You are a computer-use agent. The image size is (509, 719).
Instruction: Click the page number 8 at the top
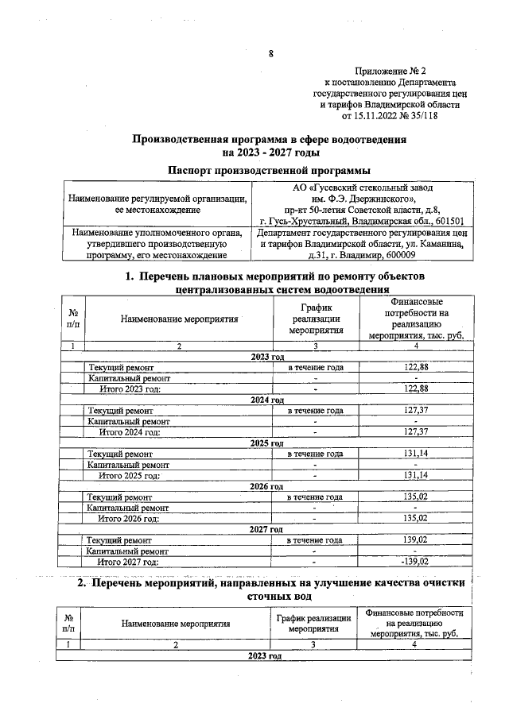point(270,54)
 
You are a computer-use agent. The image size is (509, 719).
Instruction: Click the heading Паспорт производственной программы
point(270,170)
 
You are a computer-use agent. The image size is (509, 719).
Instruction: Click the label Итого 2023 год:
point(129,388)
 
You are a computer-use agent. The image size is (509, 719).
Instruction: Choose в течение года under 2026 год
point(315,497)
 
